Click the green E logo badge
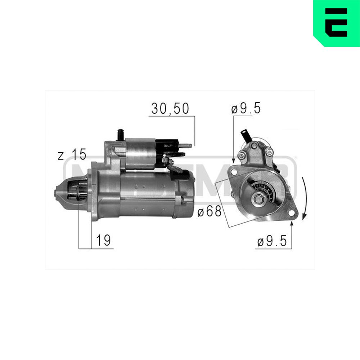(x=337, y=22)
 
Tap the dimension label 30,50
(x=170, y=109)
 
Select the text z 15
(x=72, y=155)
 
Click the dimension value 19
(x=103, y=241)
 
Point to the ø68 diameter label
(x=209, y=212)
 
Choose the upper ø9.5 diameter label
(x=246, y=109)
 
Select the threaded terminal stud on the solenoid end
(x=186, y=146)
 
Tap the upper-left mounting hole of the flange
(x=234, y=173)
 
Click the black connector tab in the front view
(x=246, y=136)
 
